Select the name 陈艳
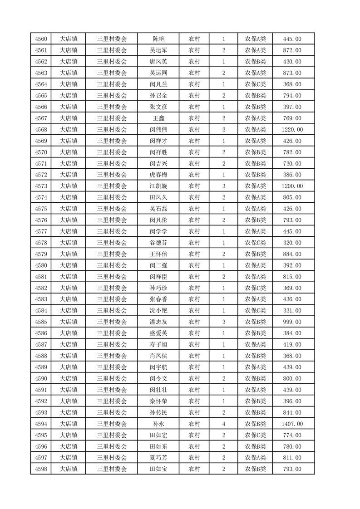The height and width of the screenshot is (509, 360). click(158, 39)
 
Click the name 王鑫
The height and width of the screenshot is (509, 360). click(158, 118)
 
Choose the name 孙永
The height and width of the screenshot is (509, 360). click(158, 424)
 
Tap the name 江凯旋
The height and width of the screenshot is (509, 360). click(158, 186)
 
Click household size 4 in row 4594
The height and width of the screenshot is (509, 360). click(224, 424)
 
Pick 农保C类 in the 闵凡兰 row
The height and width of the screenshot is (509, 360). click(255, 84)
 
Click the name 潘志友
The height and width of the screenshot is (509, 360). click(158, 322)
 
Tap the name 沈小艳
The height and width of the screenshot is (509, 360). click(158, 310)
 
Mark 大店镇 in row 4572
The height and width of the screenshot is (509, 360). click(69, 175)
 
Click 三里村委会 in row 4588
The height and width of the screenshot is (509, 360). click(112, 356)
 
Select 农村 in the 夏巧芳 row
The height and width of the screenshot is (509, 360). click(194, 458)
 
